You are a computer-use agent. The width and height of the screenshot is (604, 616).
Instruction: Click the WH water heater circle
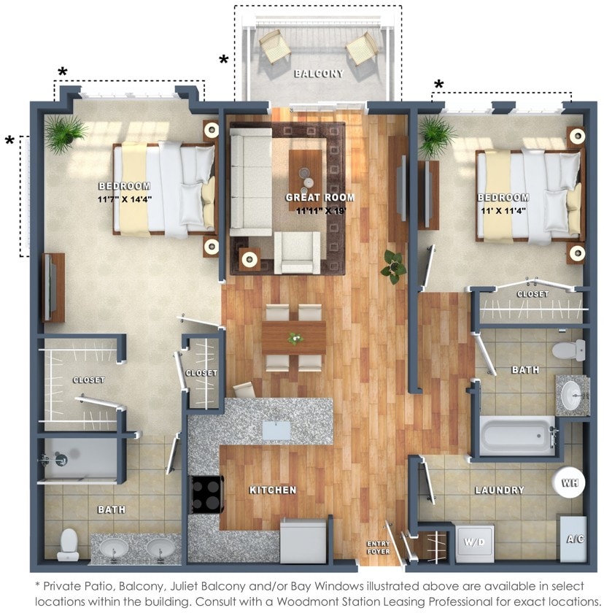coord(569,482)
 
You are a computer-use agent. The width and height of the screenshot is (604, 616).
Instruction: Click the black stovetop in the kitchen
coord(206,493)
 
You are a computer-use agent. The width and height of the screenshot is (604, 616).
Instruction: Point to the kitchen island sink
coord(276,429)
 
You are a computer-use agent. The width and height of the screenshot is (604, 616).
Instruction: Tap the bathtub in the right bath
coord(516,436)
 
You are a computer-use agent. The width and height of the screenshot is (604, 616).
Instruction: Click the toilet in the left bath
coord(68,544)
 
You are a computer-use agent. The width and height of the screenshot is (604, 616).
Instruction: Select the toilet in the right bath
coord(568,349)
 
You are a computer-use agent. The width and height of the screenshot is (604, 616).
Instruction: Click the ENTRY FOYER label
coord(378,547)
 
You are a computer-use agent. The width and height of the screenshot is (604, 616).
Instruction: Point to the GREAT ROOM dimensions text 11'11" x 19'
coord(320,211)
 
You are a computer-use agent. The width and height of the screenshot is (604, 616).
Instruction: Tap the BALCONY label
coord(318,74)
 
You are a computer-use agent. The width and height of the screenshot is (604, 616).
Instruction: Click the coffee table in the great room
coord(304,172)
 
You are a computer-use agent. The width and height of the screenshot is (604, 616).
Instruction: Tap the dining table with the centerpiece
coord(294,337)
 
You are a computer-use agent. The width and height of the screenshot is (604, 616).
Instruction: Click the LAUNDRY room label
coord(500,490)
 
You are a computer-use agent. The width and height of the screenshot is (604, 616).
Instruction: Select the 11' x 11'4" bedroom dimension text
coord(503,211)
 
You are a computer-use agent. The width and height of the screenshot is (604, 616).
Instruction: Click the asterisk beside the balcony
coord(223,60)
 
